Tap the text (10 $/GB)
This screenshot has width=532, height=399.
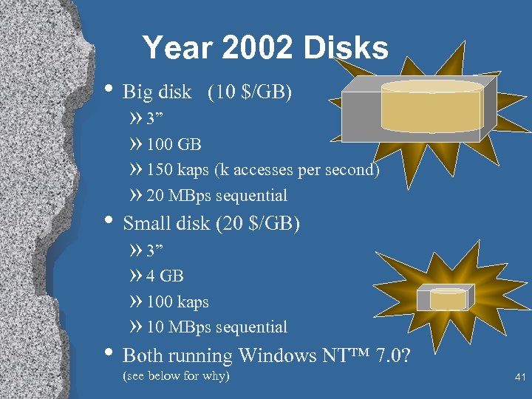pyautogui.click(x=250, y=92)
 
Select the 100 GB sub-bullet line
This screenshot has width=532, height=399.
pyautogui.click(x=173, y=143)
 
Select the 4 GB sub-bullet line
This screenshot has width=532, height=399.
pyautogui.click(x=164, y=276)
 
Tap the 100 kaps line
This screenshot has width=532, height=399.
pyautogui.click(x=177, y=302)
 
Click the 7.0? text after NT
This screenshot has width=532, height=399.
pyautogui.click(x=392, y=356)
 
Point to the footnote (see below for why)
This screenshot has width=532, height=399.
pyautogui.click(x=176, y=376)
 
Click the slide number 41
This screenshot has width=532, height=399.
pyautogui.click(x=519, y=378)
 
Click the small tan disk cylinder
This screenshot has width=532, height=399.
pyautogui.click(x=448, y=299)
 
